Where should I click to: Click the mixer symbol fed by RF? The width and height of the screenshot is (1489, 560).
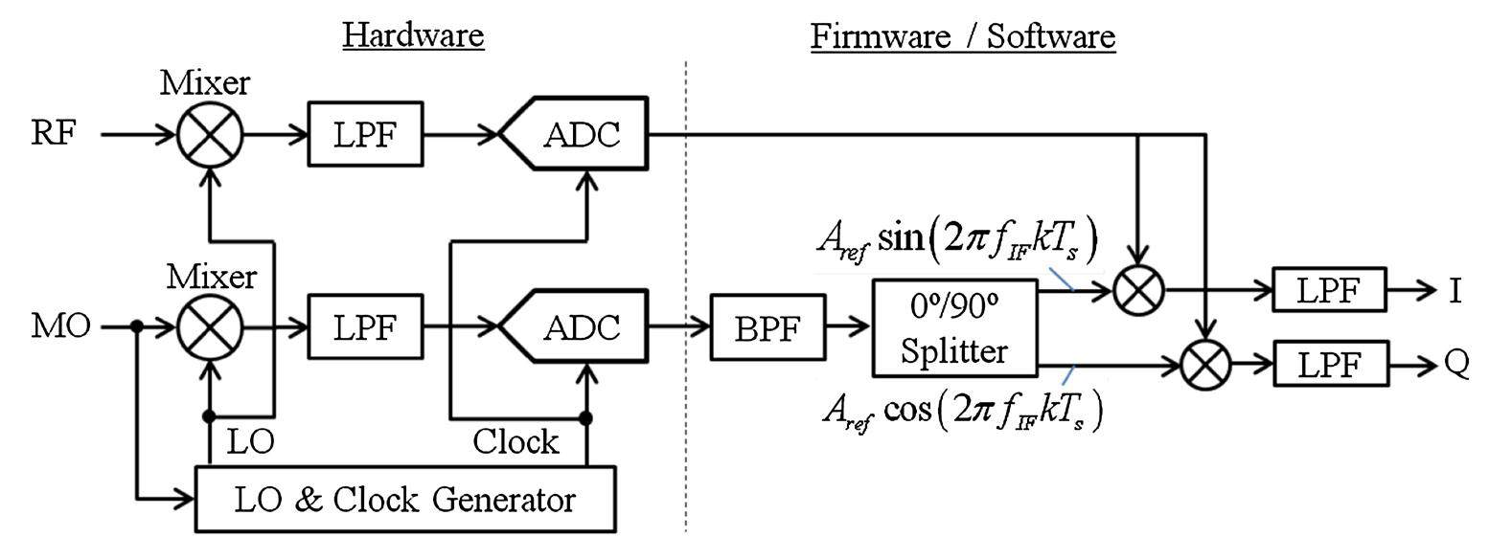click(x=210, y=135)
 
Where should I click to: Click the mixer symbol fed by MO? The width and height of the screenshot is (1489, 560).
click(x=210, y=327)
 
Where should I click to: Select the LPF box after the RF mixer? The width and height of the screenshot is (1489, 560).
click(x=365, y=135)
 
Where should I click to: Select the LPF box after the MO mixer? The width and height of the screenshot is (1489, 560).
click(x=365, y=327)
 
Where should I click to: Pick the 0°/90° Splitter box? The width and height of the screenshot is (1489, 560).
click(x=955, y=327)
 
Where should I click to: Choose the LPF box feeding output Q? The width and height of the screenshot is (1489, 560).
click(x=1329, y=366)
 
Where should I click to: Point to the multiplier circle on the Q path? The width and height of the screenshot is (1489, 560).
click(x=1205, y=366)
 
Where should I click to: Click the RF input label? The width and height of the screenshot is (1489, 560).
click(x=53, y=134)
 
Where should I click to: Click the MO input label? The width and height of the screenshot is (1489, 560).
click(x=60, y=326)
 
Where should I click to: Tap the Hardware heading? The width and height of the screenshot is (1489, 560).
click(x=413, y=35)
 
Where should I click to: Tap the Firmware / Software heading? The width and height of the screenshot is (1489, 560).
click(x=963, y=35)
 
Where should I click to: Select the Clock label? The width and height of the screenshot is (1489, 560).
click(x=515, y=441)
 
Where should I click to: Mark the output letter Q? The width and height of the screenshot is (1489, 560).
click(x=1455, y=366)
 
